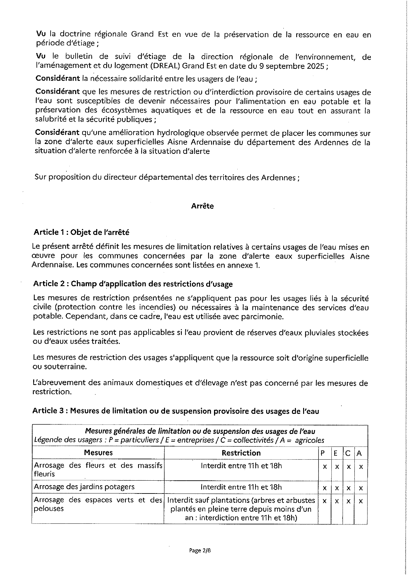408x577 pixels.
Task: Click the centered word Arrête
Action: point(202,206)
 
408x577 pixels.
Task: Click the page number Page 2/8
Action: point(200,550)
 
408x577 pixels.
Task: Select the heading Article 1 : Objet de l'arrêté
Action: point(81,232)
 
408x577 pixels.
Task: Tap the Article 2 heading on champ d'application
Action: point(133,284)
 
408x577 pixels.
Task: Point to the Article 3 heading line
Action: point(176,411)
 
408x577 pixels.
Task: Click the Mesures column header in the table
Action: point(98,453)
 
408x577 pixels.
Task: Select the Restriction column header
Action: point(241,453)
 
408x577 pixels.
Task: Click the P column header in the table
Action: point(323,453)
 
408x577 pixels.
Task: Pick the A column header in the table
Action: point(359,453)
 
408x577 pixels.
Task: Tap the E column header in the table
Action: point(336,453)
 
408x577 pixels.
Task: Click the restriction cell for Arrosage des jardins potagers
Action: point(241,487)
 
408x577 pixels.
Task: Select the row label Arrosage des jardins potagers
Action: point(84,487)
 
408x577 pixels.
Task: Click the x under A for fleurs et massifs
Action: point(361,467)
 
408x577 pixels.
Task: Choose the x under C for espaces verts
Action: point(349,501)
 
